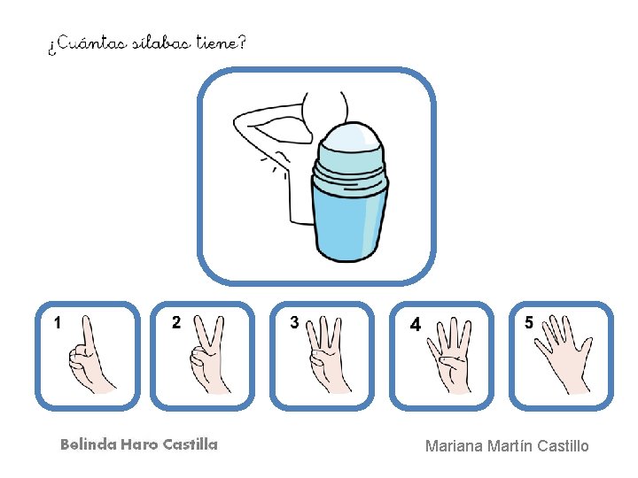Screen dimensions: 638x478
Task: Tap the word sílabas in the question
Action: coord(162,42)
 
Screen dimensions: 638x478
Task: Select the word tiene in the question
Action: coord(217,42)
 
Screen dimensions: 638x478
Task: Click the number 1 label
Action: coord(58,323)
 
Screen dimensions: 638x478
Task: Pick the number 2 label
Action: coord(176,322)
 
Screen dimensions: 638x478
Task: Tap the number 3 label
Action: coord(294,322)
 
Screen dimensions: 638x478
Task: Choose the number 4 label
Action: coord(415,324)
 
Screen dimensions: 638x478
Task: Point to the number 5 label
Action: coord(528,322)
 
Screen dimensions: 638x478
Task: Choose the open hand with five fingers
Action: coord(564,354)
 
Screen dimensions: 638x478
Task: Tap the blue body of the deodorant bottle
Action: coord(350,221)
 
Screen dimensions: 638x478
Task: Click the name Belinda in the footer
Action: coord(89,444)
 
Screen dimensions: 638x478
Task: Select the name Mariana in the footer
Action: coord(454,446)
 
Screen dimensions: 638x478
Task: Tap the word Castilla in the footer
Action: coord(190,444)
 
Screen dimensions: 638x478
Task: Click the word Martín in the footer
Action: coord(510,446)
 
